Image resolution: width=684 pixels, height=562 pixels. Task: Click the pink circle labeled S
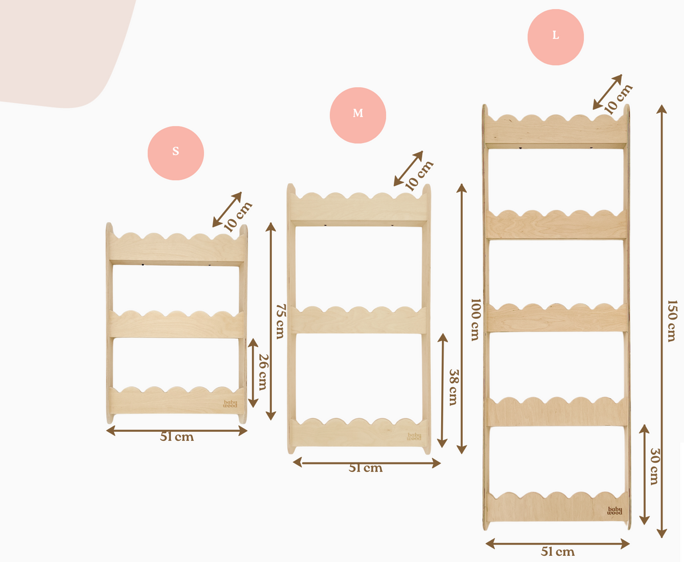click(x=176, y=153)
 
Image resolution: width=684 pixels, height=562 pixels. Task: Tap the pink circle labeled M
click(x=358, y=115)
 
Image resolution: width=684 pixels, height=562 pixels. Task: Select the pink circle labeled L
click(x=556, y=37)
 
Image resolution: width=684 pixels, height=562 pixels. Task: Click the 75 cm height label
click(x=281, y=321)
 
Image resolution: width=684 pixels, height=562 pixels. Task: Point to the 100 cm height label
click(x=475, y=319)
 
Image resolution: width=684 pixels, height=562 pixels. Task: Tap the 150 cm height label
click(x=671, y=321)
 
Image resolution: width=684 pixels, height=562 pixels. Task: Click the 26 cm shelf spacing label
click(x=263, y=372)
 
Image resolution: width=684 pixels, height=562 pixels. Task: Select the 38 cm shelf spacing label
click(x=453, y=387)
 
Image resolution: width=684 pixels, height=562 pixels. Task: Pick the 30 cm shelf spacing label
click(x=655, y=466)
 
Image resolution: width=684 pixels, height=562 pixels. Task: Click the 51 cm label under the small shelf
click(x=177, y=437)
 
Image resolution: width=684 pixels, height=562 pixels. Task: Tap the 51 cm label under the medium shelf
click(x=365, y=468)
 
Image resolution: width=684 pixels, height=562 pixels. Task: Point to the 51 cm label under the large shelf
click(x=557, y=551)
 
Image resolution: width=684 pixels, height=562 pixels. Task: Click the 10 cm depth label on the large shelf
click(x=618, y=99)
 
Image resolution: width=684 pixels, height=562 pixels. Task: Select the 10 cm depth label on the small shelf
click(x=238, y=216)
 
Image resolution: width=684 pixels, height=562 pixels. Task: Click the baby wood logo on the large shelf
click(x=614, y=511)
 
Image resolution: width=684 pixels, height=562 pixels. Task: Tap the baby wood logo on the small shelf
click(x=230, y=404)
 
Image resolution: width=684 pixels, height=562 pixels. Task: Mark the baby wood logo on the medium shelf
click(x=414, y=437)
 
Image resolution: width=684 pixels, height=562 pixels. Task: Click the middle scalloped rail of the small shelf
click(x=177, y=325)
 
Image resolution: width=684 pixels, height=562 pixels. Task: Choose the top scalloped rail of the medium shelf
click(x=359, y=208)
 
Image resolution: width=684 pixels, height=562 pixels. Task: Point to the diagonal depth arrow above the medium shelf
click(x=408, y=168)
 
